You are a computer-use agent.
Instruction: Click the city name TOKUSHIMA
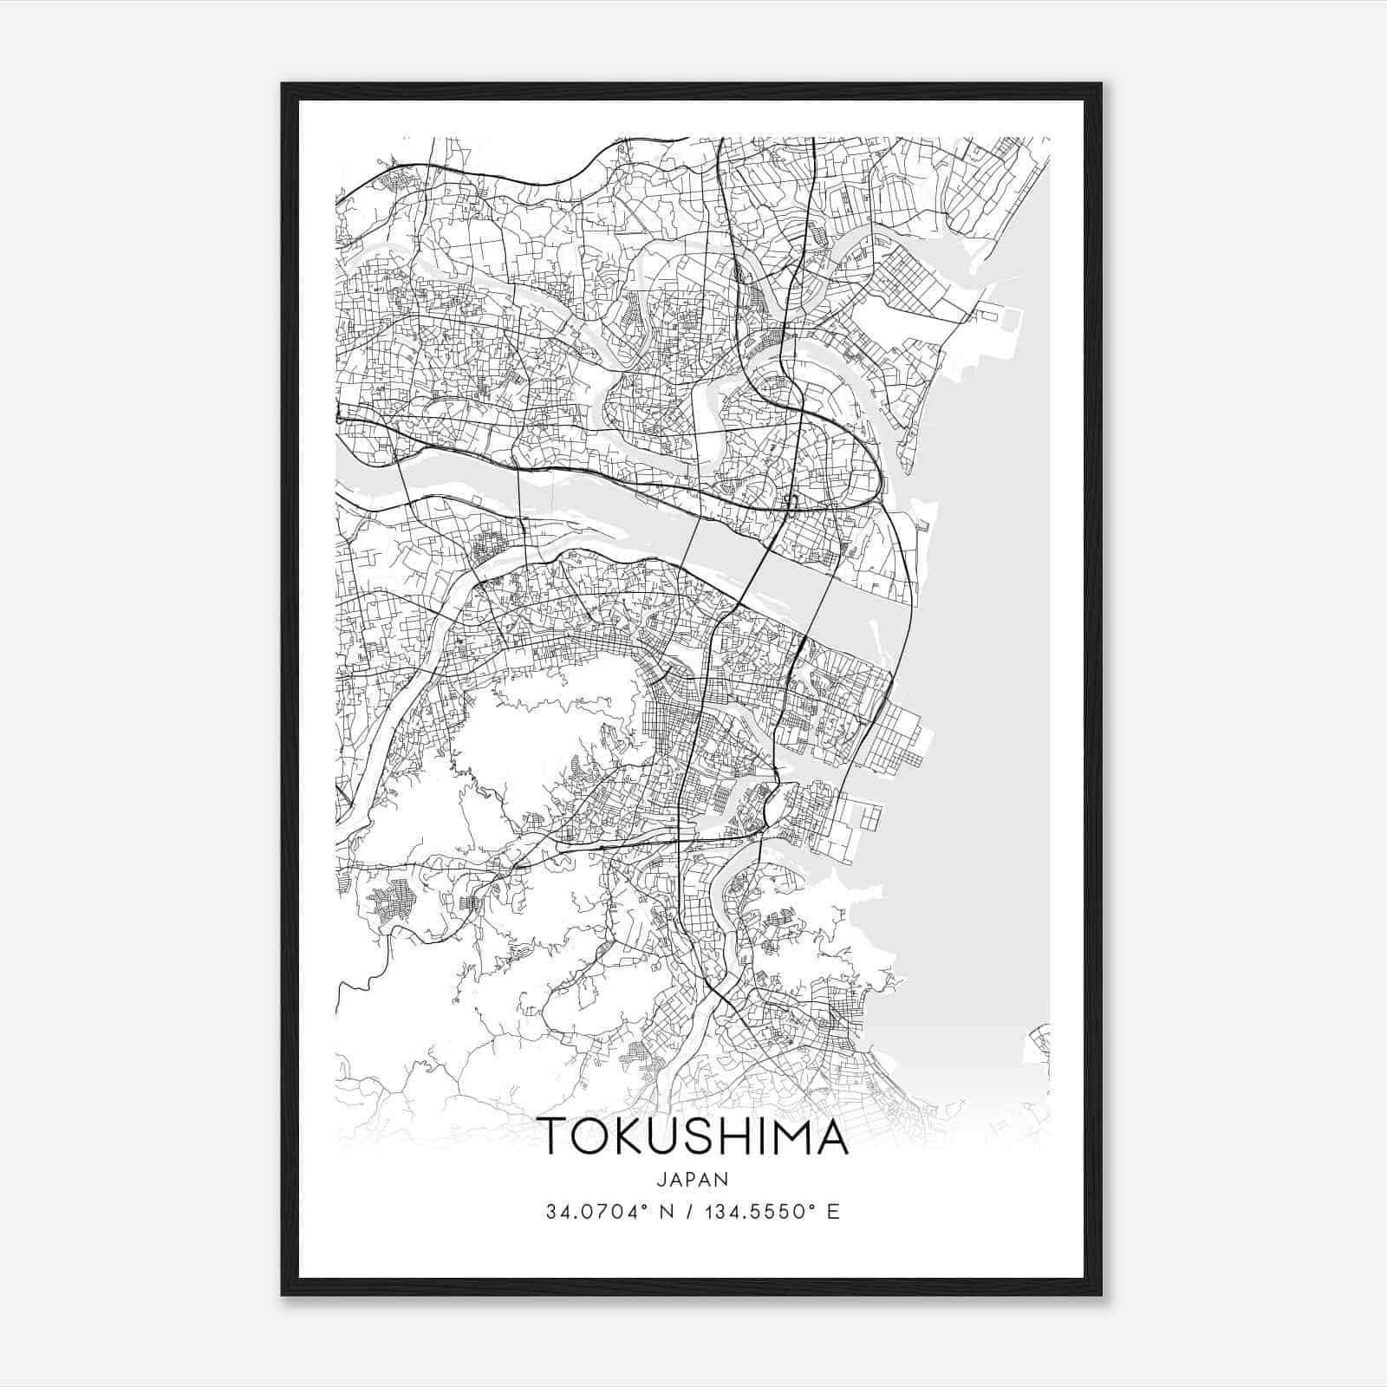(x=693, y=1136)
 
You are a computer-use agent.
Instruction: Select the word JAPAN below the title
(x=693, y=1180)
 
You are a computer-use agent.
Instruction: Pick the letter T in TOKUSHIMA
(x=552, y=1136)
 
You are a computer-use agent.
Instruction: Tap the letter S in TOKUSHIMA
(x=703, y=1136)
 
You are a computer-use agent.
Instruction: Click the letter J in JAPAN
(x=661, y=1180)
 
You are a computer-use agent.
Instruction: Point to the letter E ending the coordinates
(x=833, y=1212)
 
